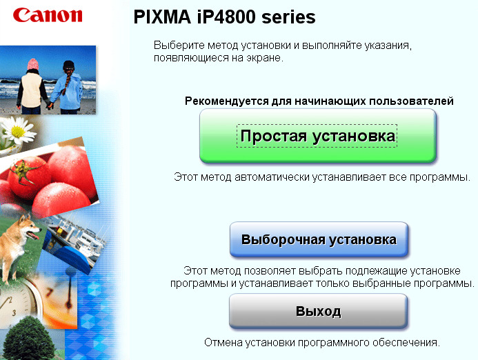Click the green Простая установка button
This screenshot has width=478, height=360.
pyautogui.click(x=318, y=136)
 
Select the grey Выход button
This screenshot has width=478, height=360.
pyautogui.click(x=318, y=311)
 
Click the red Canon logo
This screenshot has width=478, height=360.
pyautogui.click(x=48, y=15)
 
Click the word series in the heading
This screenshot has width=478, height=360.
pyautogui.click(x=288, y=18)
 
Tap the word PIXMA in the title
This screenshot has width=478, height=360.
pyautogui.click(x=162, y=17)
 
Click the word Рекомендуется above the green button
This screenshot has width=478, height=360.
pyautogui.click(x=227, y=101)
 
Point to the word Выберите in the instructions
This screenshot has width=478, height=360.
pyautogui.click(x=179, y=46)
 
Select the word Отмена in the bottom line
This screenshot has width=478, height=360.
pyautogui.click(x=223, y=343)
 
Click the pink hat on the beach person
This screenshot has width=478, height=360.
pyautogui.click(x=33, y=64)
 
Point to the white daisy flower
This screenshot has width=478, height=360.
pyautogui.click(x=17, y=132)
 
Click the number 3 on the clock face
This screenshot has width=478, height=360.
pyautogui.click(x=14, y=312)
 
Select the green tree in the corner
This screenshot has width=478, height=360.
pyautogui.click(x=30, y=339)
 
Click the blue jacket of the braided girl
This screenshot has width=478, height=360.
pyautogui.click(x=69, y=91)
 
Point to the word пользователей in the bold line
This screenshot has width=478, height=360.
pyautogui.click(x=412, y=101)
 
